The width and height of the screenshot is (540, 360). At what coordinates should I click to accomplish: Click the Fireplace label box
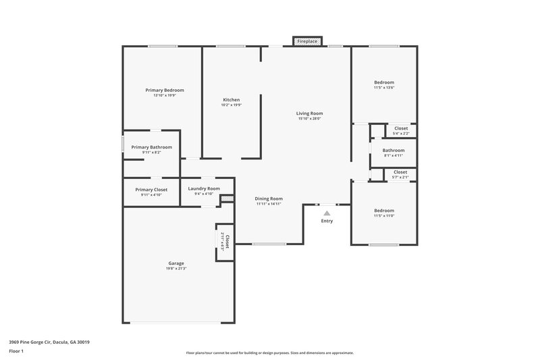point(307,42)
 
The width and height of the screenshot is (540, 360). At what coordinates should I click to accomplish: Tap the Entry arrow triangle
point(327,213)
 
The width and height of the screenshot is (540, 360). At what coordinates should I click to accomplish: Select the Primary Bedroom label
point(165,90)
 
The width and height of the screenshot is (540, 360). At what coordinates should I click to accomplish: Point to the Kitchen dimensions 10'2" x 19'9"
point(232,105)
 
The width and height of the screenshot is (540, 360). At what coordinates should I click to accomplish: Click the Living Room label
point(309,113)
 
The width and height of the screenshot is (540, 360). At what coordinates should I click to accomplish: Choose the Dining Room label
point(269,199)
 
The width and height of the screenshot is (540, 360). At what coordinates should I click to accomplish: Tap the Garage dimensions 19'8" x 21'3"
point(176,269)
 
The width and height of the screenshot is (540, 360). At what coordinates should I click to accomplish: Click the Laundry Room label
point(204,188)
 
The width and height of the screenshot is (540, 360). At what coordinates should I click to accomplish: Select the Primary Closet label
point(151,190)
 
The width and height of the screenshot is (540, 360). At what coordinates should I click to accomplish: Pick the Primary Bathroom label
point(151,147)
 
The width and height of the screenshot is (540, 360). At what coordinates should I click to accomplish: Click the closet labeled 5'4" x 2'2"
point(401,130)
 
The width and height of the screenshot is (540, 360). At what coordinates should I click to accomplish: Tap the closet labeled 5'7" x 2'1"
point(400,174)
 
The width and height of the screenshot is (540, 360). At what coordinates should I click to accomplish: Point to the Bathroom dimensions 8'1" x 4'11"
point(394,156)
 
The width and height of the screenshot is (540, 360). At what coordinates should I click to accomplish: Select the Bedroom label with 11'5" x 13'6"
point(384,82)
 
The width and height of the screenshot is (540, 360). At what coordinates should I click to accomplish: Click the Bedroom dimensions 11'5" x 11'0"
point(384,216)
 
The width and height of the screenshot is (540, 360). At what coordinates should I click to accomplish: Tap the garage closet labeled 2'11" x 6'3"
point(225,241)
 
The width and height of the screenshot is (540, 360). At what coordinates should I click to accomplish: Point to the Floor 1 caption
point(16,352)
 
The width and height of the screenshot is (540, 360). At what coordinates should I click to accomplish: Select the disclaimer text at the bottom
point(269,353)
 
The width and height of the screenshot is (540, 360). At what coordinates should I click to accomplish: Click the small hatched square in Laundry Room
point(227,199)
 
